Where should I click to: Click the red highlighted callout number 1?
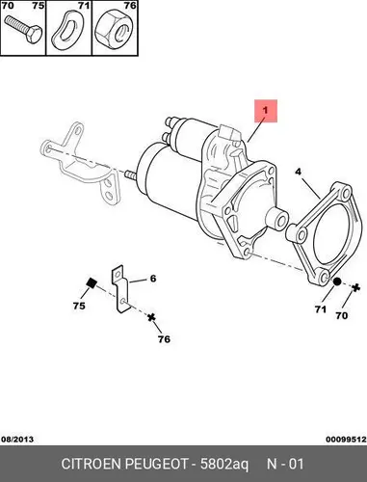pyautogui.click(x=265, y=110)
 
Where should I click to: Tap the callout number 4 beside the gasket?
pyautogui.click(x=299, y=172)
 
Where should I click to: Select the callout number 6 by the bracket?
pyautogui.click(x=153, y=279)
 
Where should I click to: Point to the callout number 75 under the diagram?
pyautogui.click(x=79, y=306)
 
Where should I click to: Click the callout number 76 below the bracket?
pyautogui.click(x=164, y=339)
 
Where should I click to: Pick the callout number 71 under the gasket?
pyautogui.click(x=320, y=309)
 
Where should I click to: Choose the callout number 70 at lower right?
pyautogui.click(x=342, y=315)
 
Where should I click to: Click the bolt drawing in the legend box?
pyautogui.click(x=23, y=30)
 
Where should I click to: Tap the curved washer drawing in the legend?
pyautogui.click(x=66, y=31)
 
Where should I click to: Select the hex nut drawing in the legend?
pyautogui.click(x=115, y=30)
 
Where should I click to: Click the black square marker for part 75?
pyautogui.click(x=92, y=282)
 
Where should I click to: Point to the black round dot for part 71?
pyautogui.click(x=336, y=281)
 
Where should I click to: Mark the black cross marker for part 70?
pyautogui.click(x=355, y=287)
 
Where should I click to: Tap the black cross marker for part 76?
pyautogui.click(x=151, y=317)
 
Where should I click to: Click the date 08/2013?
pyautogui.click(x=17, y=440)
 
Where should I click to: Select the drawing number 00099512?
pyautogui.click(x=346, y=440)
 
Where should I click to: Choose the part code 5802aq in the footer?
pyautogui.click(x=224, y=465)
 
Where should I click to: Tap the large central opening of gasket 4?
pyautogui.click(x=330, y=230)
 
